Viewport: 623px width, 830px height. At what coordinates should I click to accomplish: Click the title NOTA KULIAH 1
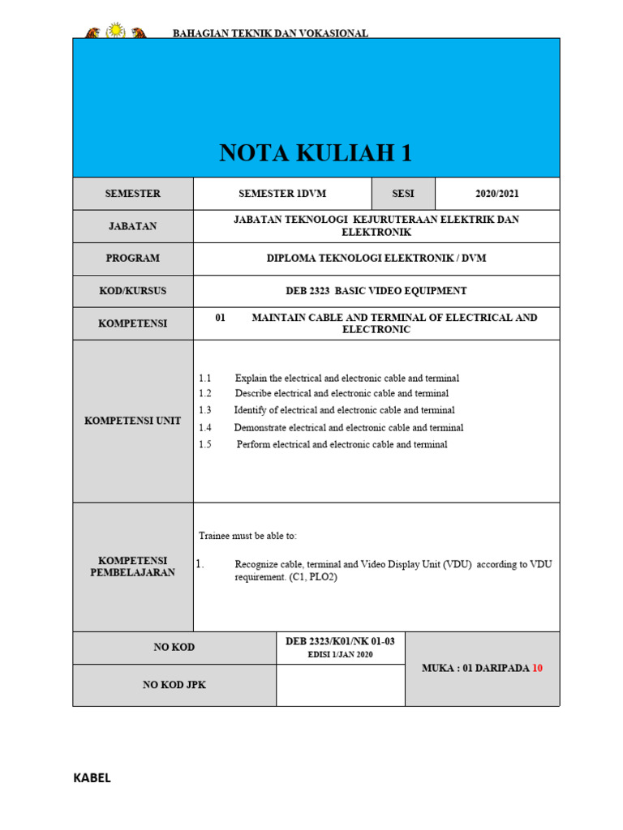pos(316,152)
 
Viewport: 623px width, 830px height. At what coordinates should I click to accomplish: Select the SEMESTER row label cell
pos(133,194)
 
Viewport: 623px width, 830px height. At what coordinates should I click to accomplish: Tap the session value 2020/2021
pos(497,194)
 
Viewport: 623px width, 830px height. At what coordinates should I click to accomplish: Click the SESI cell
pos(403,194)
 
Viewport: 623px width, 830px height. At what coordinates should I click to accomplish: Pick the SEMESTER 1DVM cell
pos(282,194)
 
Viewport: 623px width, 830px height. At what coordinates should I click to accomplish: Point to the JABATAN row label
pos(133,226)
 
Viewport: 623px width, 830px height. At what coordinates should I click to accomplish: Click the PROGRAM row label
pos(133,259)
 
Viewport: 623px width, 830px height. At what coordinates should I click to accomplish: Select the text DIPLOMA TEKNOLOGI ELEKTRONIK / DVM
pos(376,259)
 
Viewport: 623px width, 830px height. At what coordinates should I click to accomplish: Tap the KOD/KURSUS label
pos(133,291)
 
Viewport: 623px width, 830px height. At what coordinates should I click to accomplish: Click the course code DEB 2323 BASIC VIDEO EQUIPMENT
pos(376,291)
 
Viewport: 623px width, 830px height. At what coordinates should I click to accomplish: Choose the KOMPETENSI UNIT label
pos(133,421)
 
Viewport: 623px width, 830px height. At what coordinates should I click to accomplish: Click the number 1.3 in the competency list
pos(204,411)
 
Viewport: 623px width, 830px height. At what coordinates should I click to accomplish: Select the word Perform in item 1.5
pos(253,445)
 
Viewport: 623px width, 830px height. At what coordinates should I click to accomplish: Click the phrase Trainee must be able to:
pos(248,537)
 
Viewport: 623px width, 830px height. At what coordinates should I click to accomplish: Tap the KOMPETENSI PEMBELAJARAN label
pos(133,567)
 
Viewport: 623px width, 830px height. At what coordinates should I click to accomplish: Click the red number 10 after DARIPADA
pos(536,669)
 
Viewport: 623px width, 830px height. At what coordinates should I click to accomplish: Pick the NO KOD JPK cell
pos(174,685)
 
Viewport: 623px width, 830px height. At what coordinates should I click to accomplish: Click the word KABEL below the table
pos(92,778)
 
